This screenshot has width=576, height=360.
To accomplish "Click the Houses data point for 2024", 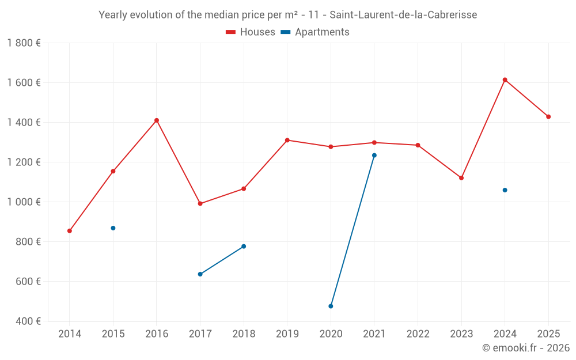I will pos(505,79).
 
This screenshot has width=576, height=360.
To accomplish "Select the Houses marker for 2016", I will pos(157,120).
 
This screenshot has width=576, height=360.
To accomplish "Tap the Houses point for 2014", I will pos(70,231).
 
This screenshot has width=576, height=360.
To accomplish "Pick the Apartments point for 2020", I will pos(331,306).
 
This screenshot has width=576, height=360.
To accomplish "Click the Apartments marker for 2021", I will pos(374,156).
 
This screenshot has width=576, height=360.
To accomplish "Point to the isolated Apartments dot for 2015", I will pos(113,228).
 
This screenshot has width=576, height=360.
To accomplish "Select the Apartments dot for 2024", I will pos(505,190).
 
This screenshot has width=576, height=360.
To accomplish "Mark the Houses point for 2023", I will pos(461,178).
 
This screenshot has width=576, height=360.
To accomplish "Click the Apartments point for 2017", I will pos(200,274).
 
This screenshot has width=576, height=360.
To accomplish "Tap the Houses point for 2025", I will pos(548,117).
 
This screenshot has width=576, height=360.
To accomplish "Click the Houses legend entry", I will pos(251,32).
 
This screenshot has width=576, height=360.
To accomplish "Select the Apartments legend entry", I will pos(315,32).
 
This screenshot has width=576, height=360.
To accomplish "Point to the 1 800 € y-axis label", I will pos(24,43).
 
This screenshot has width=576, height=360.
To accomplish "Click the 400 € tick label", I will pos(28,321).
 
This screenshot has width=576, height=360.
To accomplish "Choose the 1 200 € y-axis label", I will pos(24,162).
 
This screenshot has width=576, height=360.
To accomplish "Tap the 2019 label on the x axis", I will pos(287,334).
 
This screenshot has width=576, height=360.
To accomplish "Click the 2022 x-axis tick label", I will pos(418,334).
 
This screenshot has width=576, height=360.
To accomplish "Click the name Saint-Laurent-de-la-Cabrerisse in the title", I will pos(403,15).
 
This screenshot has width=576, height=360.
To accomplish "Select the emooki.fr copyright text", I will pos(525,348).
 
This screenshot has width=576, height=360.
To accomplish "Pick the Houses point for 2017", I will pos(200,203).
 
